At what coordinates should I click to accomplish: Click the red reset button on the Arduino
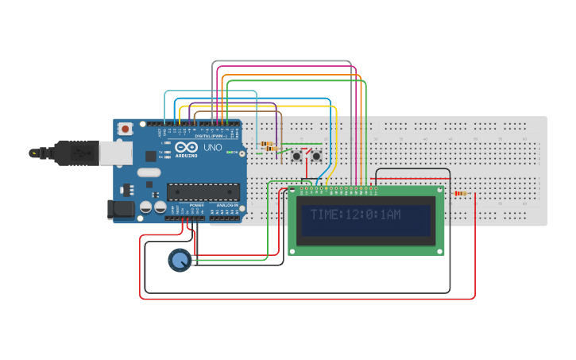point(126,129)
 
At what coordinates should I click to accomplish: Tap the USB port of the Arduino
point(78,152)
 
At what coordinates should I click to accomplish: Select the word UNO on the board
point(213,148)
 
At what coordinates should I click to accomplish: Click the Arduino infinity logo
point(187,148)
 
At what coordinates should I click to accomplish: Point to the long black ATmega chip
point(203,192)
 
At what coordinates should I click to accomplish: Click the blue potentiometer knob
point(180,260)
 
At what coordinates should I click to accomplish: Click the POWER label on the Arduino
point(197,205)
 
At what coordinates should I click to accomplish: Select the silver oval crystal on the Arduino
point(149,172)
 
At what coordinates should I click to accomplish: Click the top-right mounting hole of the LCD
point(439,192)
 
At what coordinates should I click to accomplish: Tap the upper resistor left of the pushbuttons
point(267,143)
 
